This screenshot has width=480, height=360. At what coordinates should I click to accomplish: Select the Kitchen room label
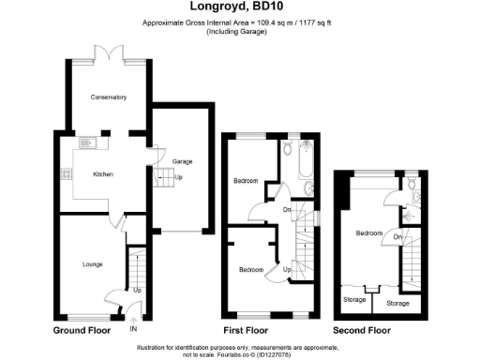pos(102,174)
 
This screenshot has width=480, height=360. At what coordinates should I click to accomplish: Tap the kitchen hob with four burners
pos(65,173)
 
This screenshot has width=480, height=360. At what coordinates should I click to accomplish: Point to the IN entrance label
pos(132,329)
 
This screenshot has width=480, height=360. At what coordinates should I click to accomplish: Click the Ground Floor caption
pos(82,330)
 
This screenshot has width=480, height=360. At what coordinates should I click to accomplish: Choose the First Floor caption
pos(246,330)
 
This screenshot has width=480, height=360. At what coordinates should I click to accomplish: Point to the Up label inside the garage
pos(179,177)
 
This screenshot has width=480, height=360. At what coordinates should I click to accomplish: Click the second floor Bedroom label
pos(367,232)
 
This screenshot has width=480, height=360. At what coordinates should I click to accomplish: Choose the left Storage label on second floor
pos(353,301)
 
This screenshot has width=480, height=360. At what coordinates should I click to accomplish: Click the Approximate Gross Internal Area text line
pos(239,23)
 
